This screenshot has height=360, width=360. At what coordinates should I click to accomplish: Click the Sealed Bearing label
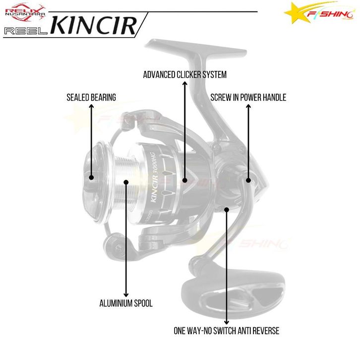point(91,98)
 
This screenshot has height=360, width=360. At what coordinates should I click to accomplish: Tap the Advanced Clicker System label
point(184,75)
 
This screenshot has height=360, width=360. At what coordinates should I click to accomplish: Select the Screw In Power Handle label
point(248,98)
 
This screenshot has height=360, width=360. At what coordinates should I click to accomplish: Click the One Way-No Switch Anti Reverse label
point(226,330)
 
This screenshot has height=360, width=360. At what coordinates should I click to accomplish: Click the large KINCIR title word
point(94,25)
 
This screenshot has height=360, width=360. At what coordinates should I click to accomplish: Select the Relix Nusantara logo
point(25,12)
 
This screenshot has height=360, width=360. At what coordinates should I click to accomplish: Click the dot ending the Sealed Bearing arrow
point(91,177)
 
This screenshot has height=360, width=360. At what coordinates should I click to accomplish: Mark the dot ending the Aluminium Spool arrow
point(127,182)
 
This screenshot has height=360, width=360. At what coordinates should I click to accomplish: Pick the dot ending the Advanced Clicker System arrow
point(184,180)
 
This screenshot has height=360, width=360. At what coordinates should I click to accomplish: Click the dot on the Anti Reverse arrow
point(227,210)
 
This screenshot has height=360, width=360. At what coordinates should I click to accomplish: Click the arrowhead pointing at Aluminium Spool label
point(127,294)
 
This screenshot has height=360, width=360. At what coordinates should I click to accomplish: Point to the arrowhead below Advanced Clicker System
point(184,85)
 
